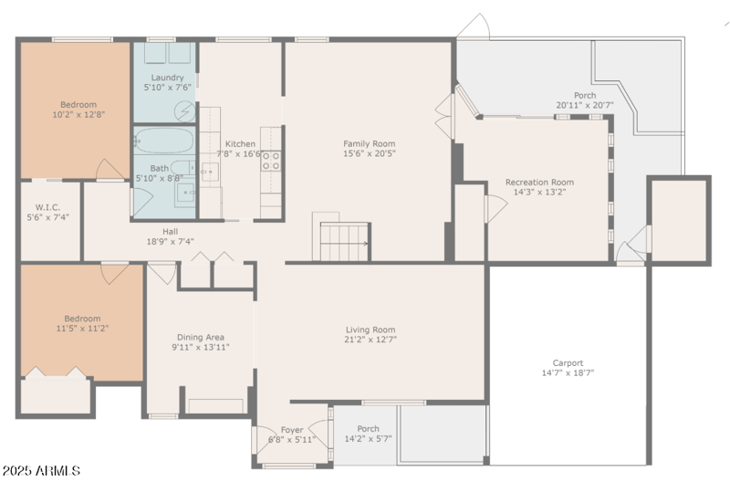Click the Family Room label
point(370,143)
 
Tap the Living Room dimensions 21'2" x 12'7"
point(370,340)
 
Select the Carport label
point(568,362)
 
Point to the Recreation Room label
point(539,183)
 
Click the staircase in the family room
point(344,241)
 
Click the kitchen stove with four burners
point(271,162)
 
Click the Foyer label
point(291,429)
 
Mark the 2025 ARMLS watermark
point(41,471)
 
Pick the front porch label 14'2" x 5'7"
point(368,429)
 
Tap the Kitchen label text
point(241,144)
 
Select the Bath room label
point(159,168)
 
